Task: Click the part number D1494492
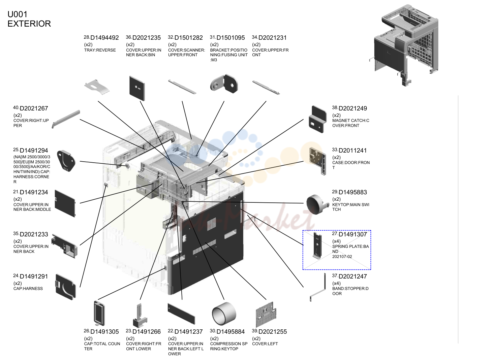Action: click(x=104, y=38)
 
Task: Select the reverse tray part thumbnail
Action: click(x=97, y=87)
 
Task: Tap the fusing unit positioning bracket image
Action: click(x=224, y=84)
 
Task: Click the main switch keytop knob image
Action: click(x=317, y=204)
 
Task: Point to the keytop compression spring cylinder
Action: click(x=224, y=314)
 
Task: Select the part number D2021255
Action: click(x=272, y=332)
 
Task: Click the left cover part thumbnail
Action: click(x=266, y=315)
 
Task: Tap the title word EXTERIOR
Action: click(x=29, y=24)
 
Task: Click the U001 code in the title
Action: click(x=18, y=14)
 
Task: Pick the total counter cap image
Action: click(x=99, y=313)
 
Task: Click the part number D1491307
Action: click(x=353, y=234)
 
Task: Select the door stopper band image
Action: click(x=318, y=287)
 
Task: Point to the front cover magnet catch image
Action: click(x=318, y=119)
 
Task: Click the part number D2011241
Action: click(x=353, y=151)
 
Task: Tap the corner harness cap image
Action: click(x=66, y=161)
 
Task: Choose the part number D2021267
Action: click(x=34, y=108)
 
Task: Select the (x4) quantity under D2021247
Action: click(x=336, y=283)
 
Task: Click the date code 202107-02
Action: click(x=342, y=257)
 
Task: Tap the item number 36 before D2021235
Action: click(x=129, y=37)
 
